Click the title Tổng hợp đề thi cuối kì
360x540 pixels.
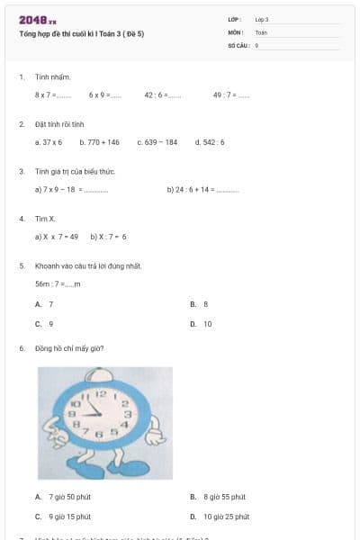[81, 33]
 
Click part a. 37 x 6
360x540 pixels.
[49, 142]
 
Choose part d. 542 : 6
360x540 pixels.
[210, 142]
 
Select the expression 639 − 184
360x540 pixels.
[157, 142]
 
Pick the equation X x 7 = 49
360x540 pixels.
[57, 237]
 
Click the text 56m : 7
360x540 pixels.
[58, 283]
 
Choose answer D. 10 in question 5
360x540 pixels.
[202, 324]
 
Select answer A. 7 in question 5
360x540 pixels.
[44, 304]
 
